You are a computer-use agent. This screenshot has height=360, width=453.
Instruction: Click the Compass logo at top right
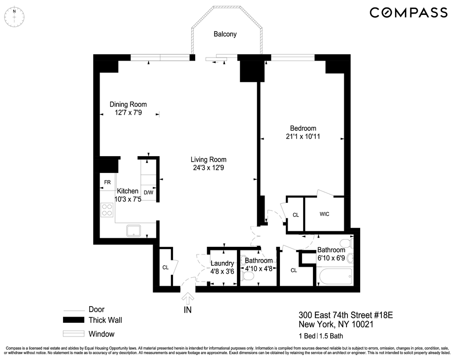409,13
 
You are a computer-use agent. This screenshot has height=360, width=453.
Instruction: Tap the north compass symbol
14,17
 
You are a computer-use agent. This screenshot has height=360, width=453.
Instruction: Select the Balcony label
225,34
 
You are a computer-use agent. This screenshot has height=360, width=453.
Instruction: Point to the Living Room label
208,159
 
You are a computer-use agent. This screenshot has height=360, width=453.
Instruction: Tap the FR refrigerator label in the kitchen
107,182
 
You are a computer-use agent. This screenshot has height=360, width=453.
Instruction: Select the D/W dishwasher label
148,192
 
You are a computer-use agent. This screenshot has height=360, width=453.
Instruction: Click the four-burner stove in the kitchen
107,210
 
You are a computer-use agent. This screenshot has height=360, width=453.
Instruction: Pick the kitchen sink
134,231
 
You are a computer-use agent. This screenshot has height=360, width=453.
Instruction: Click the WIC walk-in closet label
324,213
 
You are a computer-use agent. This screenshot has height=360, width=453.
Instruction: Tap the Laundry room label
222,264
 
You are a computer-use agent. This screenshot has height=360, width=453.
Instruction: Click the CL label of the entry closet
165,267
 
